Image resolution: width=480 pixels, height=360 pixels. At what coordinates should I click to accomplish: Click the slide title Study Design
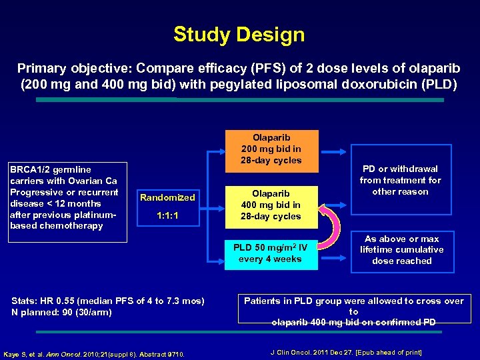(x=239, y=35)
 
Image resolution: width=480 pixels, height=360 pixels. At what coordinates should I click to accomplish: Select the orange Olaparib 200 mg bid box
(x=271, y=149)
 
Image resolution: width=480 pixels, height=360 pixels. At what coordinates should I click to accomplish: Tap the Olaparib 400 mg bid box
(x=271, y=205)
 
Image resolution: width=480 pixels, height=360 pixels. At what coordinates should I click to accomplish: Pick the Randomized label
(x=167, y=197)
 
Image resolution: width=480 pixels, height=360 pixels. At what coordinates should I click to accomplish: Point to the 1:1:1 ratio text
(x=167, y=217)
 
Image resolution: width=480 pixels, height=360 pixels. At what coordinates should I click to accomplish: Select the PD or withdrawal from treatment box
(x=400, y=180)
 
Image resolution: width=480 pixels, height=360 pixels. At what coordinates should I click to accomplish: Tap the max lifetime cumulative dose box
(x=401, y=250)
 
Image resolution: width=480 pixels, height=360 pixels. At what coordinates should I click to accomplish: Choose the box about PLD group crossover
(x=353, y=311)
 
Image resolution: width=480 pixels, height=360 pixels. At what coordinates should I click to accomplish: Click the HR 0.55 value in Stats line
(x=57, y=301)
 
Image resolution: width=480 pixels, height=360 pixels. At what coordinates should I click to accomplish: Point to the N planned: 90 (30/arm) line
(x=61, y=312)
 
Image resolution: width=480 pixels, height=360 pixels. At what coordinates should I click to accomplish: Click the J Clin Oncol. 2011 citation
(x=346, y=351)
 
